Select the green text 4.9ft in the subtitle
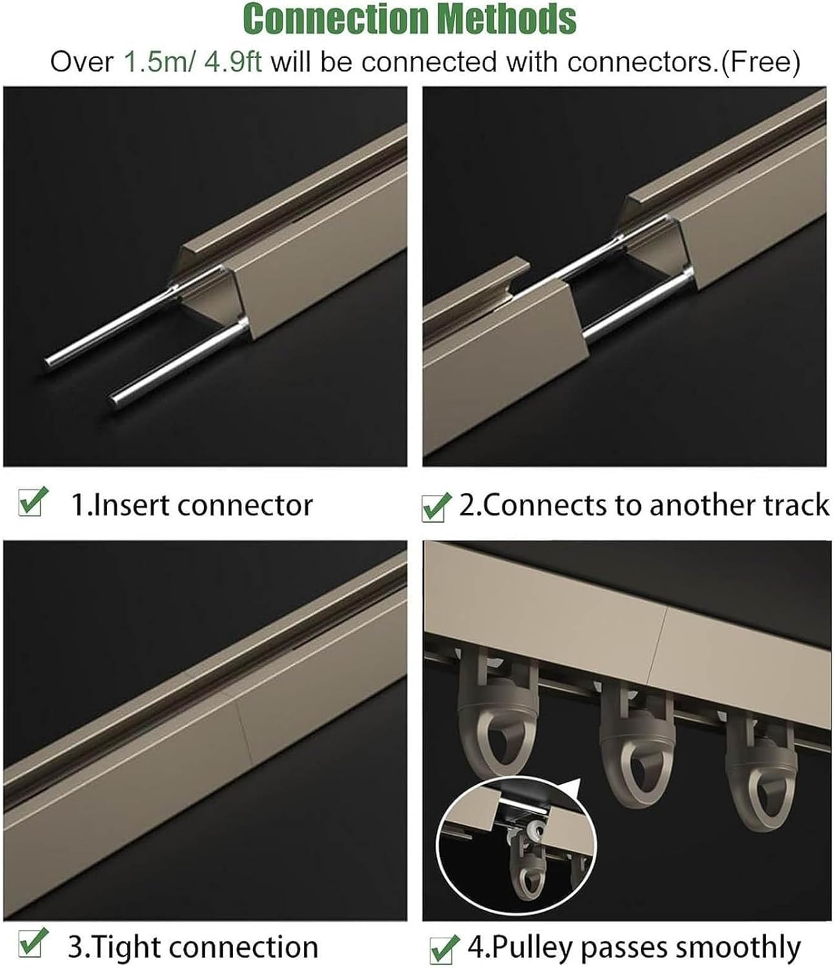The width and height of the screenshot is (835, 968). (233, 63)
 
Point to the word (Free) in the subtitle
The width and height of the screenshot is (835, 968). (761, 63)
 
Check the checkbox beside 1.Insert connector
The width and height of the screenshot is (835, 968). (32, 502)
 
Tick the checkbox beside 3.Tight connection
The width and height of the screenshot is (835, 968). (32, 942)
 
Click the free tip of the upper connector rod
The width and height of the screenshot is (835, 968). (48, 361)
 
